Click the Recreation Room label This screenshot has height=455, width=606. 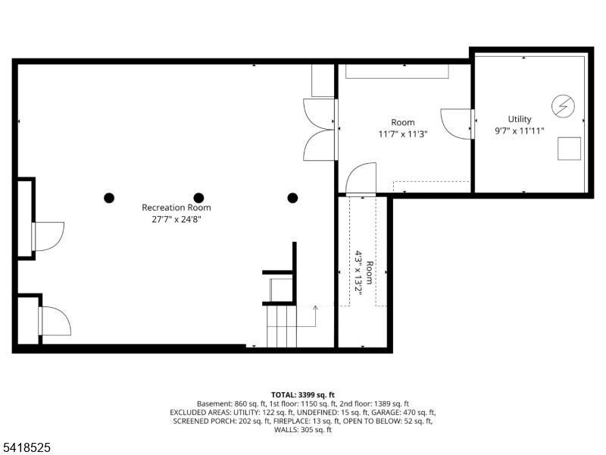click(x=176, y=207)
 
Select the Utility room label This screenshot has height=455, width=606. click(x=520, y=119)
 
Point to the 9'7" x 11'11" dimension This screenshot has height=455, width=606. click(x=520, y=130)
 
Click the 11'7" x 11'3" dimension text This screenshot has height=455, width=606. click(x=403, y=134)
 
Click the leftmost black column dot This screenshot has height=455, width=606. click(x=109, y=198)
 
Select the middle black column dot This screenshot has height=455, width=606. click(x=199, y=198)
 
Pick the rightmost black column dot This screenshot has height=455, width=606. click(x=292, y=198)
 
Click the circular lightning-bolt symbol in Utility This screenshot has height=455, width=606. click(x=563, y=106)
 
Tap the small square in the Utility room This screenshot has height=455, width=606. click(x=570, y=149)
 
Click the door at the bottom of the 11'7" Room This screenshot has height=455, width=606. click(x=361, y=180)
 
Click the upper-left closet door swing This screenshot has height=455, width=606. click(x=48, y=236)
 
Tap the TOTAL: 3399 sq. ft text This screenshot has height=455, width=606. click(x=303, y=395)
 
